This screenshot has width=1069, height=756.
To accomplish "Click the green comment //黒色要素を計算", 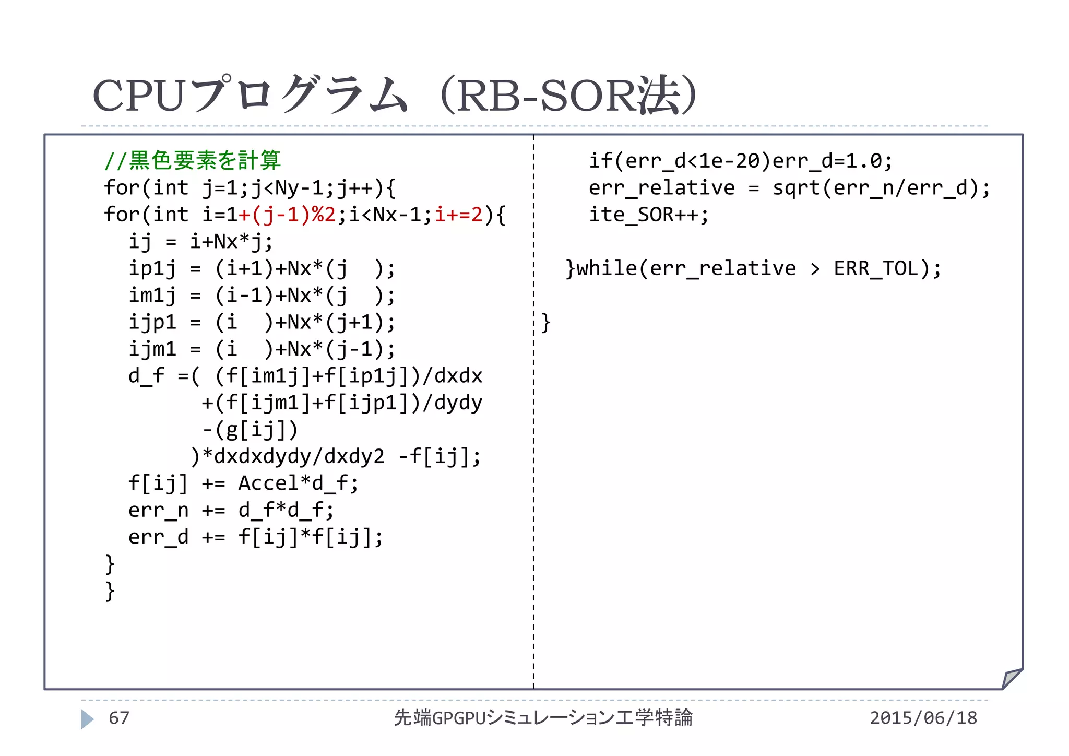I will click(x=192, y=160).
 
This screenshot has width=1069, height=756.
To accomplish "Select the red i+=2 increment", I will click(x=459, y=215).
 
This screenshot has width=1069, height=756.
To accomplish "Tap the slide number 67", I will click(x=119, y=718).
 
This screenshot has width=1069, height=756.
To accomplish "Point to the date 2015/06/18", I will click(x=923, y=718).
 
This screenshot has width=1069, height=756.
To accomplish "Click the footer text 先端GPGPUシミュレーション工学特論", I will click(x=543, y=718).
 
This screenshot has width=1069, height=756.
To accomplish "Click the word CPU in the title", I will click(x=138, y=97).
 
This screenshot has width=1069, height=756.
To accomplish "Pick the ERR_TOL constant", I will click(x=882, y=268).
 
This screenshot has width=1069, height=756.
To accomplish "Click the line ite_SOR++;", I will click(x=648, y=215).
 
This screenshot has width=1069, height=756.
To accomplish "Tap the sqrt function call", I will click(x=797, y=188).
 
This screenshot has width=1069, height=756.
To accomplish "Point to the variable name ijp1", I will click(x=152, y=322).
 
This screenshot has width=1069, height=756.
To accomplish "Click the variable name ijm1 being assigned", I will click(x=152, y=349).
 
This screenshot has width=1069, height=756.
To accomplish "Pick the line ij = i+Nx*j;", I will click(x=200, y=242).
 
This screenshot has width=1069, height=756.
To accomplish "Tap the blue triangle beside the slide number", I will click(x=87, y=719).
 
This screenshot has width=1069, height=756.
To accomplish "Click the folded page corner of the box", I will click(x=1012, y=679).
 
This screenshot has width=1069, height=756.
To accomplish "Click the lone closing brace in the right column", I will click(x=546, y=322).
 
